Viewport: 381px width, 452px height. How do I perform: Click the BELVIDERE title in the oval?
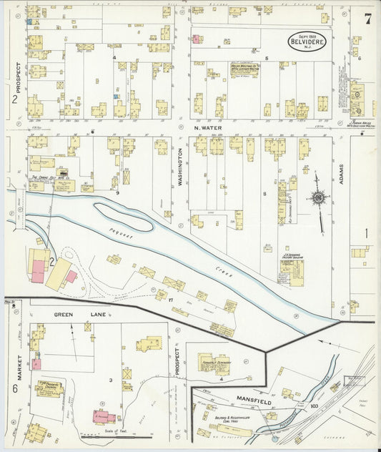point(307,42)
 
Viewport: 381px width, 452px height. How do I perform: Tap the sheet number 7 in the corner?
point(367,19)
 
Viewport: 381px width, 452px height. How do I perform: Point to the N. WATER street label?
point(209,129)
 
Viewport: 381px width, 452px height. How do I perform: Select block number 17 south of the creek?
point(169,299)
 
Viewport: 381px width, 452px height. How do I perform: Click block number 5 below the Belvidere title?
point(266,57)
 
